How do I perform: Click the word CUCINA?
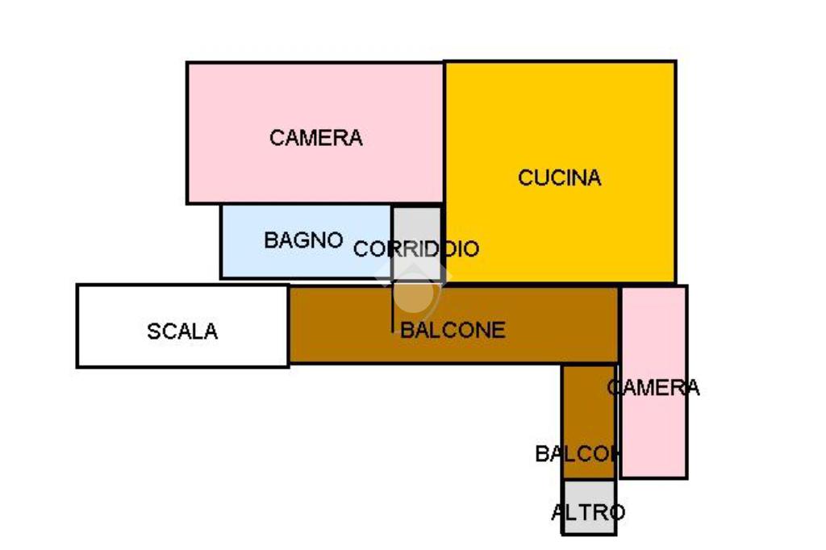coord(560,177)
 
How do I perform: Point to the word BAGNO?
coord(303,240)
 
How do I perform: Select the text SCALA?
coord(182,331)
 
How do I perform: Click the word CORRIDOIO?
coord(416,249)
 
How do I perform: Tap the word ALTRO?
coord(588,512)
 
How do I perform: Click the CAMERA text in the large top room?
coord(316,138)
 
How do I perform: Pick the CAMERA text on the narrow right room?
coord(653,388)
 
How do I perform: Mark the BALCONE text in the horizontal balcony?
coord(453,330)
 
